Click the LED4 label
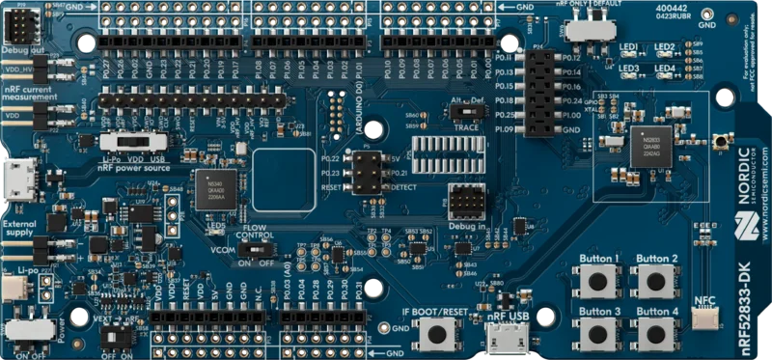tap(663, 69)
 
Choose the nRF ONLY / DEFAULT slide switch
tap(582, 28)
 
